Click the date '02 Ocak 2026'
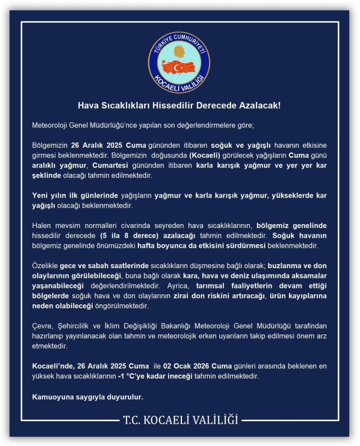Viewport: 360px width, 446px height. tap(184, 367)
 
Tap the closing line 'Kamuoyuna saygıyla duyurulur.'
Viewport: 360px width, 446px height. tap(88, 397)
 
